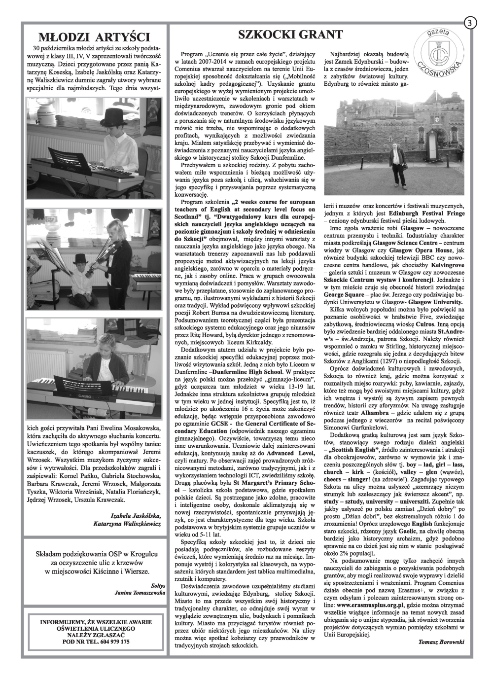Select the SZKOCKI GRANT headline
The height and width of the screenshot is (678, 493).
point(290,34)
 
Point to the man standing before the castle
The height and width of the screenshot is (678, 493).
point(396,162)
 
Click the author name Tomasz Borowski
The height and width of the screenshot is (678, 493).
point(441,642)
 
